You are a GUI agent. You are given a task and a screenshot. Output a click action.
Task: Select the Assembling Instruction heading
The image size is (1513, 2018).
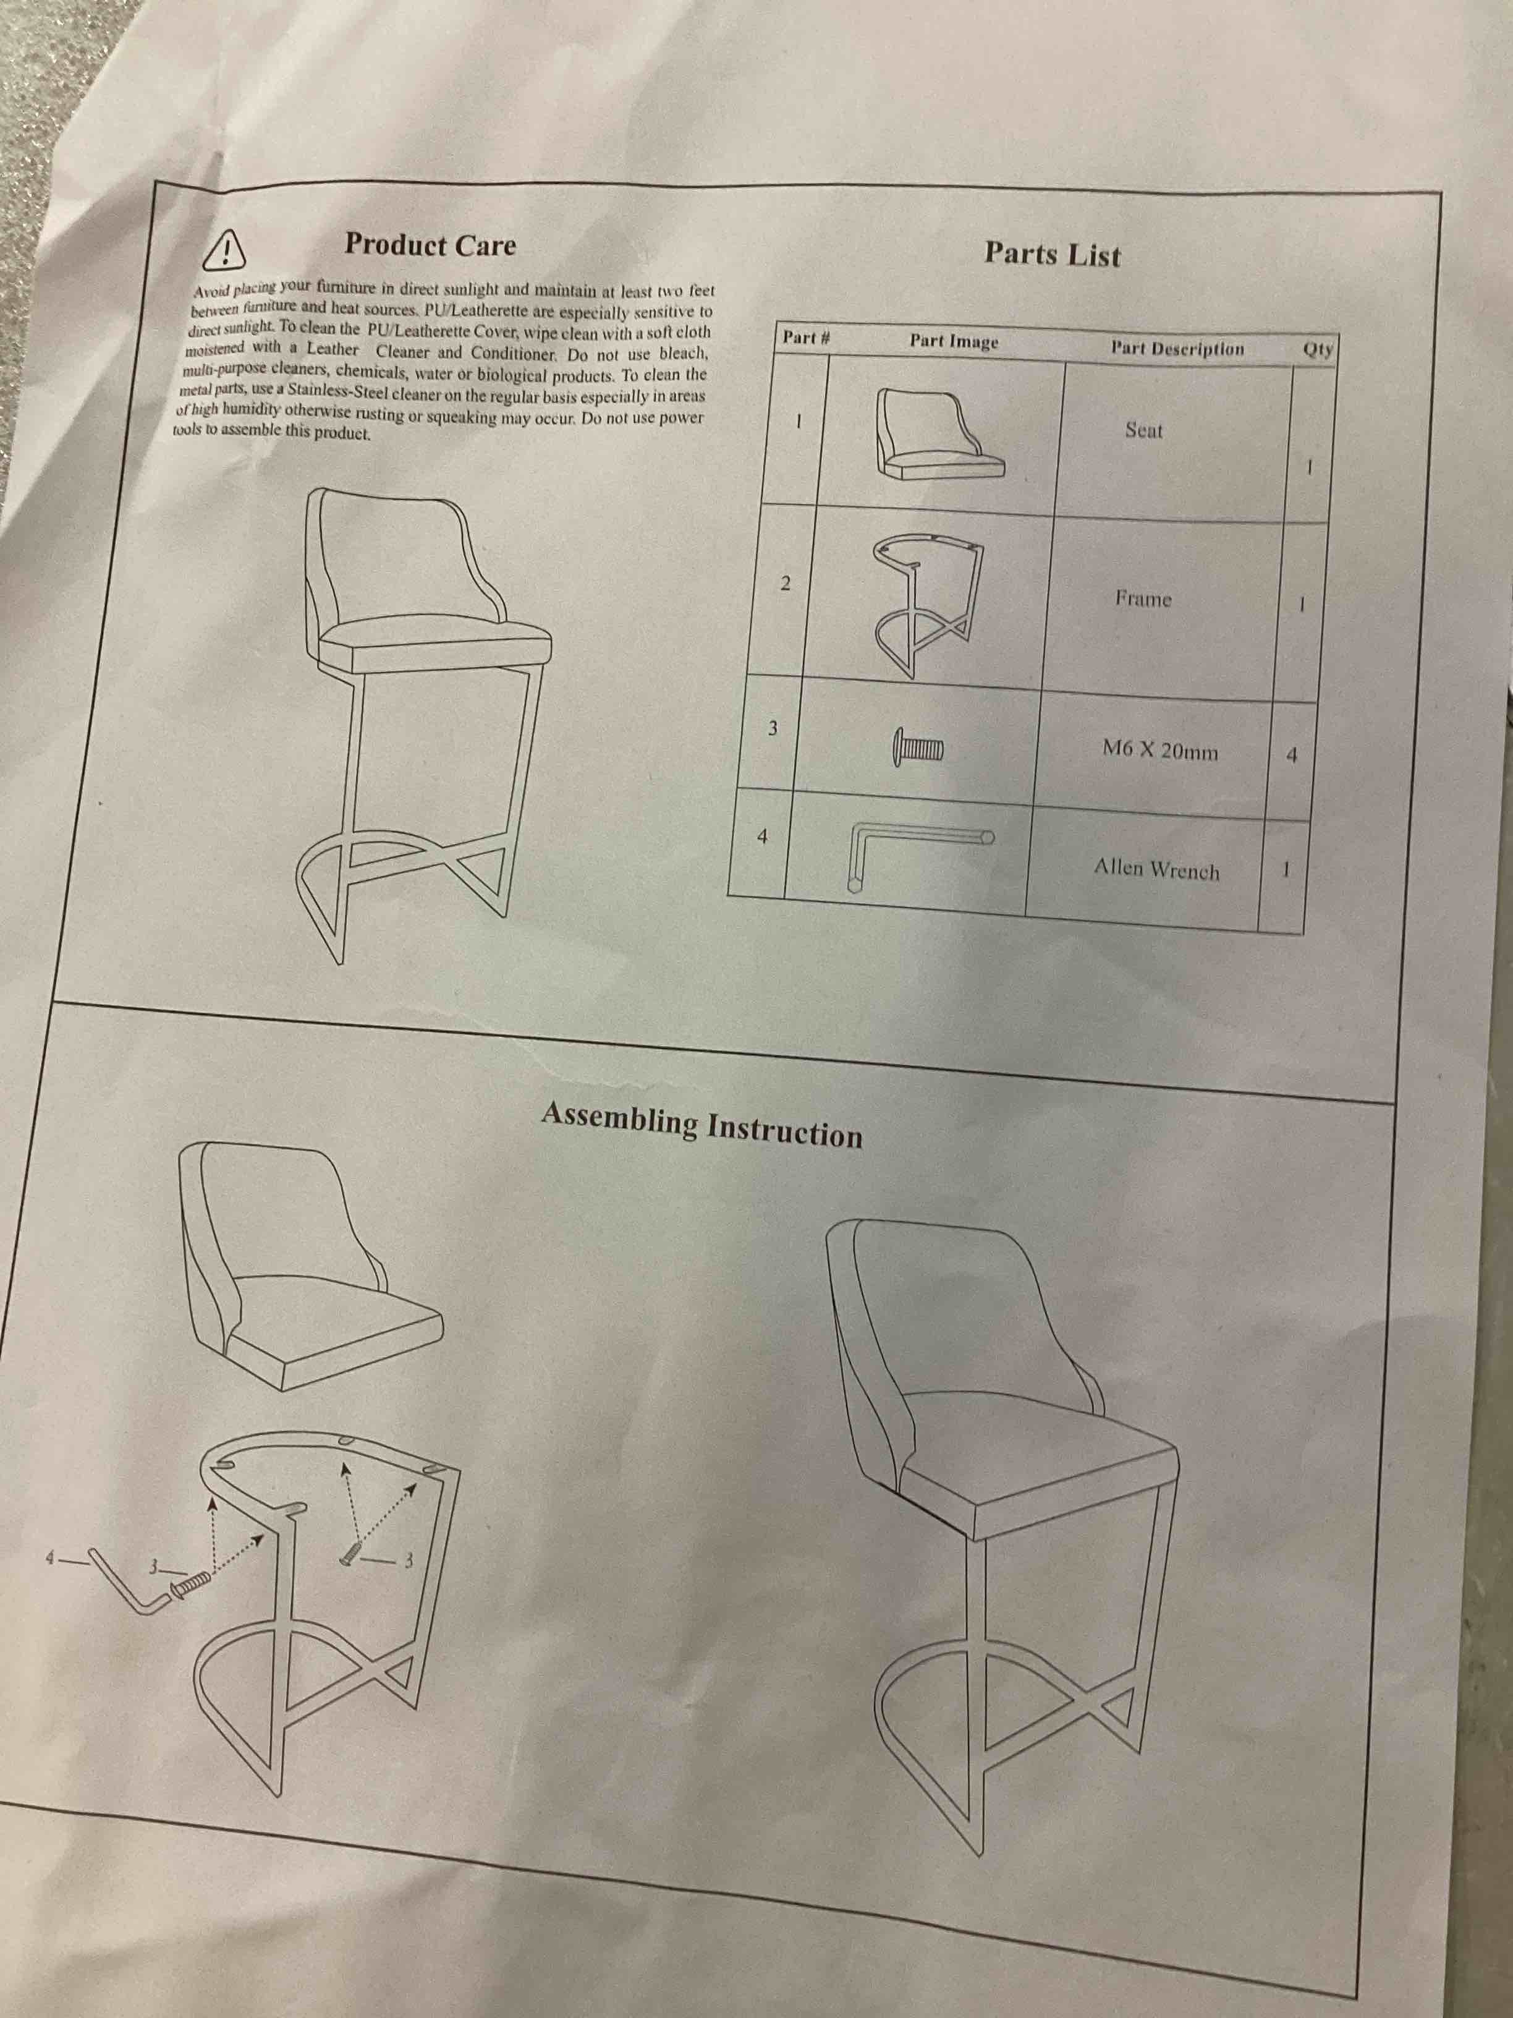(x=701, y=1125)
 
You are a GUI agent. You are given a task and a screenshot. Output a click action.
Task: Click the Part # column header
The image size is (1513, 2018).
(x=805, y=338)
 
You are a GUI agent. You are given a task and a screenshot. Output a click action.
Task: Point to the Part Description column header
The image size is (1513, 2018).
(x=1177, y=349)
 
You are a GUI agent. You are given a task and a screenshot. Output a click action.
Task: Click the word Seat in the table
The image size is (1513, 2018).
(x=1143, y=430)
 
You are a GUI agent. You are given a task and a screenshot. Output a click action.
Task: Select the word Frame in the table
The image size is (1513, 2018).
(x=1143, y=599)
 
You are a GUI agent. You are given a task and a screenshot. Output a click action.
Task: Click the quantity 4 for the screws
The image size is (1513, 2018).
(x=1290, y=756)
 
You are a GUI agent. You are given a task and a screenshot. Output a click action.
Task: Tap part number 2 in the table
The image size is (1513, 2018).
(x=784, y=584)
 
